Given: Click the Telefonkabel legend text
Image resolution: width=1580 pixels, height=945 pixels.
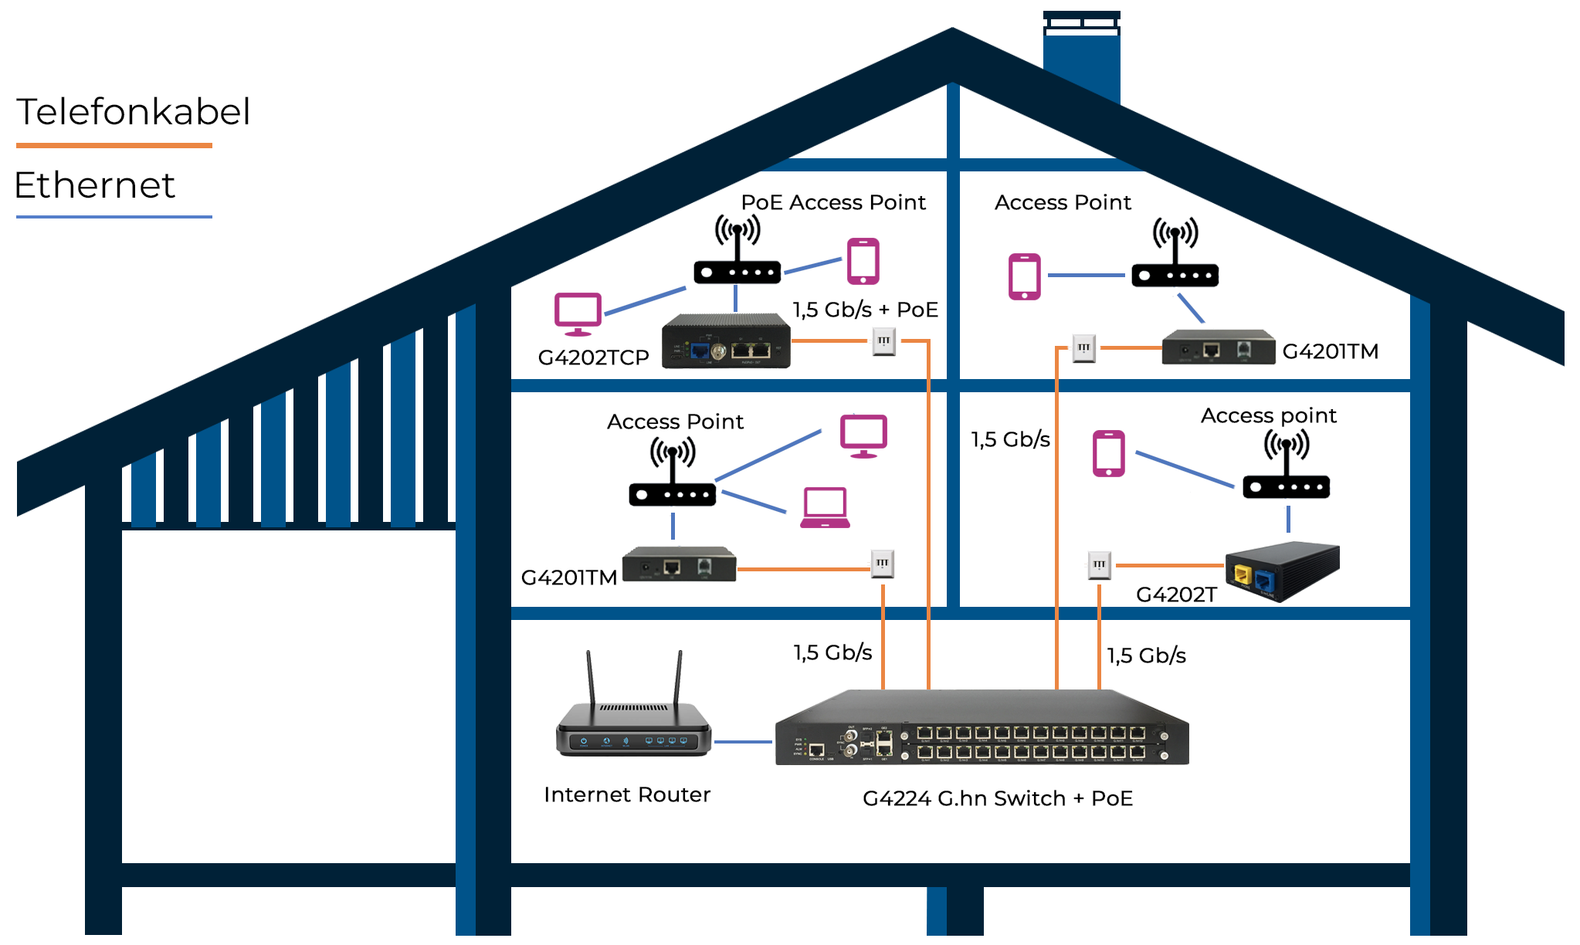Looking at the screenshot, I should [133, 113].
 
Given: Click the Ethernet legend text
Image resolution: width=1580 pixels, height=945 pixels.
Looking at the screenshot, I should [94, 186].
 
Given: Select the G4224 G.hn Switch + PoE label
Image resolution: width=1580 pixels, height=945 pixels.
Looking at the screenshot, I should [997, 798].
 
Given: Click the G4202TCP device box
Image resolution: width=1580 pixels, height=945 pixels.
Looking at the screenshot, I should [726, 340].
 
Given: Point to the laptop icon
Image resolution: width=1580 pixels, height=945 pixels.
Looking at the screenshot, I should [825, 508].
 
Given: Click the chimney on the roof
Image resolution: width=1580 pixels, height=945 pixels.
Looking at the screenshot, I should [1081, 58].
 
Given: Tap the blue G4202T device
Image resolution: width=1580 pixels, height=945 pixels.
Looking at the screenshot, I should [1283, 571].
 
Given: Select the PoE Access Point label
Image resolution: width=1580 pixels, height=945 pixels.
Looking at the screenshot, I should [832, 202].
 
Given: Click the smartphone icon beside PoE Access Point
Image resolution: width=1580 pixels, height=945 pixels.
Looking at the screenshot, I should [863, 261].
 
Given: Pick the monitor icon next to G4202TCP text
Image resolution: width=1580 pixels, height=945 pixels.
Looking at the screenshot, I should [578, 313].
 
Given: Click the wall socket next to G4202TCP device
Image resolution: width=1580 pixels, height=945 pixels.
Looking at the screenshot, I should [883, 340].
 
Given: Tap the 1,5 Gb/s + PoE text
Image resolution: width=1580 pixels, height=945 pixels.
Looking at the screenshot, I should [865, 310].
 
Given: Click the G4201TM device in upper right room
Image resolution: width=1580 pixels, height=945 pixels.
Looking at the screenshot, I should [1218, 347].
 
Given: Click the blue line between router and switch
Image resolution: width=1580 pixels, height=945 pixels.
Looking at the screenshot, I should [742, 742].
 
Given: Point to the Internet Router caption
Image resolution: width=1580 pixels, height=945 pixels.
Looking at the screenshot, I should [626, 794].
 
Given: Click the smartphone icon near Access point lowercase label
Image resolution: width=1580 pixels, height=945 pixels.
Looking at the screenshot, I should [1108, 453].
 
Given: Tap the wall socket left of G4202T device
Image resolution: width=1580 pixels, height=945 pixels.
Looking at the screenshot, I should [1099, 565].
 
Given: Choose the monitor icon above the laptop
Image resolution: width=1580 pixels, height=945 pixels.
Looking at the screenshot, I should [863, 435].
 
